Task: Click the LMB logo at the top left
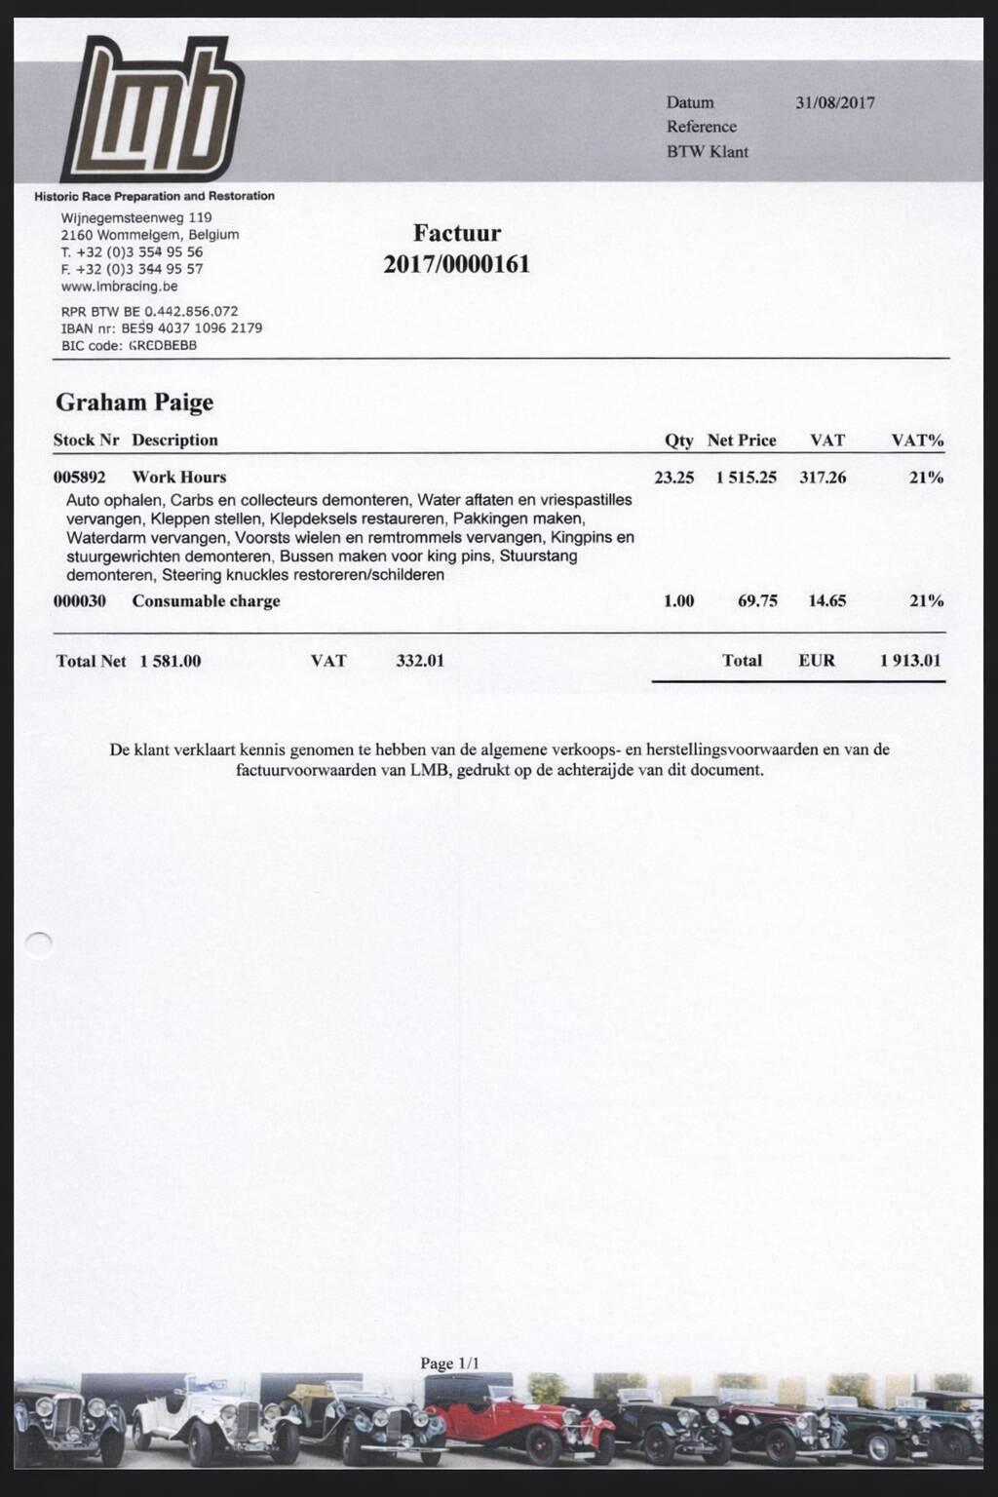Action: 151,109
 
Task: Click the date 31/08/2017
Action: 834,102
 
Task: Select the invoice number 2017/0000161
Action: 456,264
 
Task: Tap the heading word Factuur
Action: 456,233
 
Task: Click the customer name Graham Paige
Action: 134,402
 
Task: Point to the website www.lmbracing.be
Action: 119,287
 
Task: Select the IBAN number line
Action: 161,328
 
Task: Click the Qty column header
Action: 678,441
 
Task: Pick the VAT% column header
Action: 917,441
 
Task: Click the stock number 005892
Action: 79,478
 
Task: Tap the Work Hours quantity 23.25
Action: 673,478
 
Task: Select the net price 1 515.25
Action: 746,478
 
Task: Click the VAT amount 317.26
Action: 823,478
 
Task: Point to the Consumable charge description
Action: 206,601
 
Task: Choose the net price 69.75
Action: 757,601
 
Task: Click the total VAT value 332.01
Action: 420,661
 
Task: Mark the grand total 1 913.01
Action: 910,661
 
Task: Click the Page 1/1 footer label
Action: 449,1363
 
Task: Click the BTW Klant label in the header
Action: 707,151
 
